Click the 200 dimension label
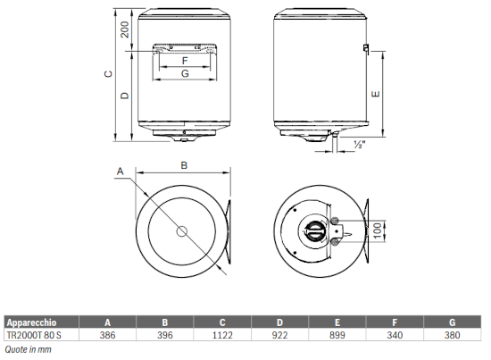[125, 29]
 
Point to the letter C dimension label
[108, 74]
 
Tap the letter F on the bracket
[185, 61]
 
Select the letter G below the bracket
[185, 73]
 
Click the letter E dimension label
[376, 94]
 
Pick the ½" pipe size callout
[360, 145]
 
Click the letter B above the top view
[184, 165]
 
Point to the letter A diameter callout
[121, 172]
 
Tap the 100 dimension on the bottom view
[378, 230]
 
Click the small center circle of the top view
[181, 232]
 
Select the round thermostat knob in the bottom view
[313, 231]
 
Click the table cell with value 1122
[222, 335]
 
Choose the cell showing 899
[337, 335]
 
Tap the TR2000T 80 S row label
[34, 335]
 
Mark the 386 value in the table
[107, 335]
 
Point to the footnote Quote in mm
[29, 349]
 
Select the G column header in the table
[453, 322]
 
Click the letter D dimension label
[125, 95]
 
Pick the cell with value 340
[395, 335]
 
